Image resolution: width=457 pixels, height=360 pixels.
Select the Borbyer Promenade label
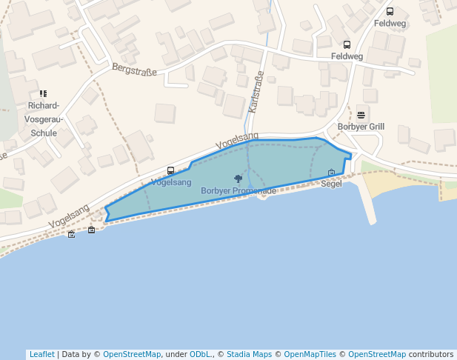pyautogui.click(x=238, y=191)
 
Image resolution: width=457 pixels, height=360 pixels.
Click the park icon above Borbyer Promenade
pyautogui.click(x=238, y=179)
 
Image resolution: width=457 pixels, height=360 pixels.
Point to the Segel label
pyautogui.click(x=331, y=184)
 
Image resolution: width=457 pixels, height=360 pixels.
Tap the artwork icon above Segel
pyautogui.click(x=331, y=173)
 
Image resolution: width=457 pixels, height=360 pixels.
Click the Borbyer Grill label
pyautogui.click(x=361, y=127)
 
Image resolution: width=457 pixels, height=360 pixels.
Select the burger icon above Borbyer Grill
pyautogui.click(x=361, y=115)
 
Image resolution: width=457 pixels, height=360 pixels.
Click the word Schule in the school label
pyautogui.click(x=44, y=133)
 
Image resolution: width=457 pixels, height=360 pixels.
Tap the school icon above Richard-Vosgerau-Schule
pyautogui.click(x=43, y=94)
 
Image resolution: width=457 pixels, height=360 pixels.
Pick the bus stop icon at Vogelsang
pyautogui.click(x=171, y=171)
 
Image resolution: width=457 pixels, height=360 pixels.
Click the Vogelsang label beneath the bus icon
pyautogui.click(x=171, y=182)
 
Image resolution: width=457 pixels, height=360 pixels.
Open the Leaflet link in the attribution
pyautogui.click(x=41, y=354)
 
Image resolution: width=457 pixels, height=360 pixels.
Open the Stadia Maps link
pyautogui.click(x=249, y=354)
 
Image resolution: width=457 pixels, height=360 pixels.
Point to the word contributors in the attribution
pyautogui.click(x=430, y=354)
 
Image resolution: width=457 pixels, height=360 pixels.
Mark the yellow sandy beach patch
pyautogui.click(x=381, y=181)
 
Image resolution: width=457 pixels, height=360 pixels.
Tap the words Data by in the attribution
pyautogui.click(x=78, y=354)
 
